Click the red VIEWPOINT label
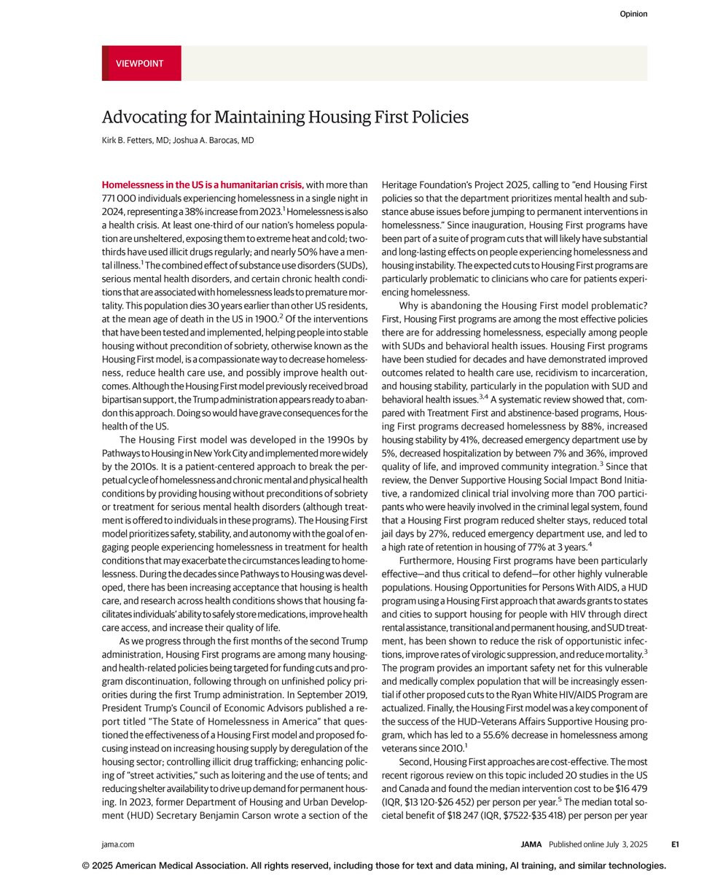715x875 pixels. [x=140, y=63]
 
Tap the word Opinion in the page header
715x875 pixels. [x=633, y=14]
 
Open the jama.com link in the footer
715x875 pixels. [x=118, y=844]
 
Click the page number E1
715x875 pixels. [x=675, y=844]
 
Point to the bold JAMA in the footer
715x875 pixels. [x=531, y=844]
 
